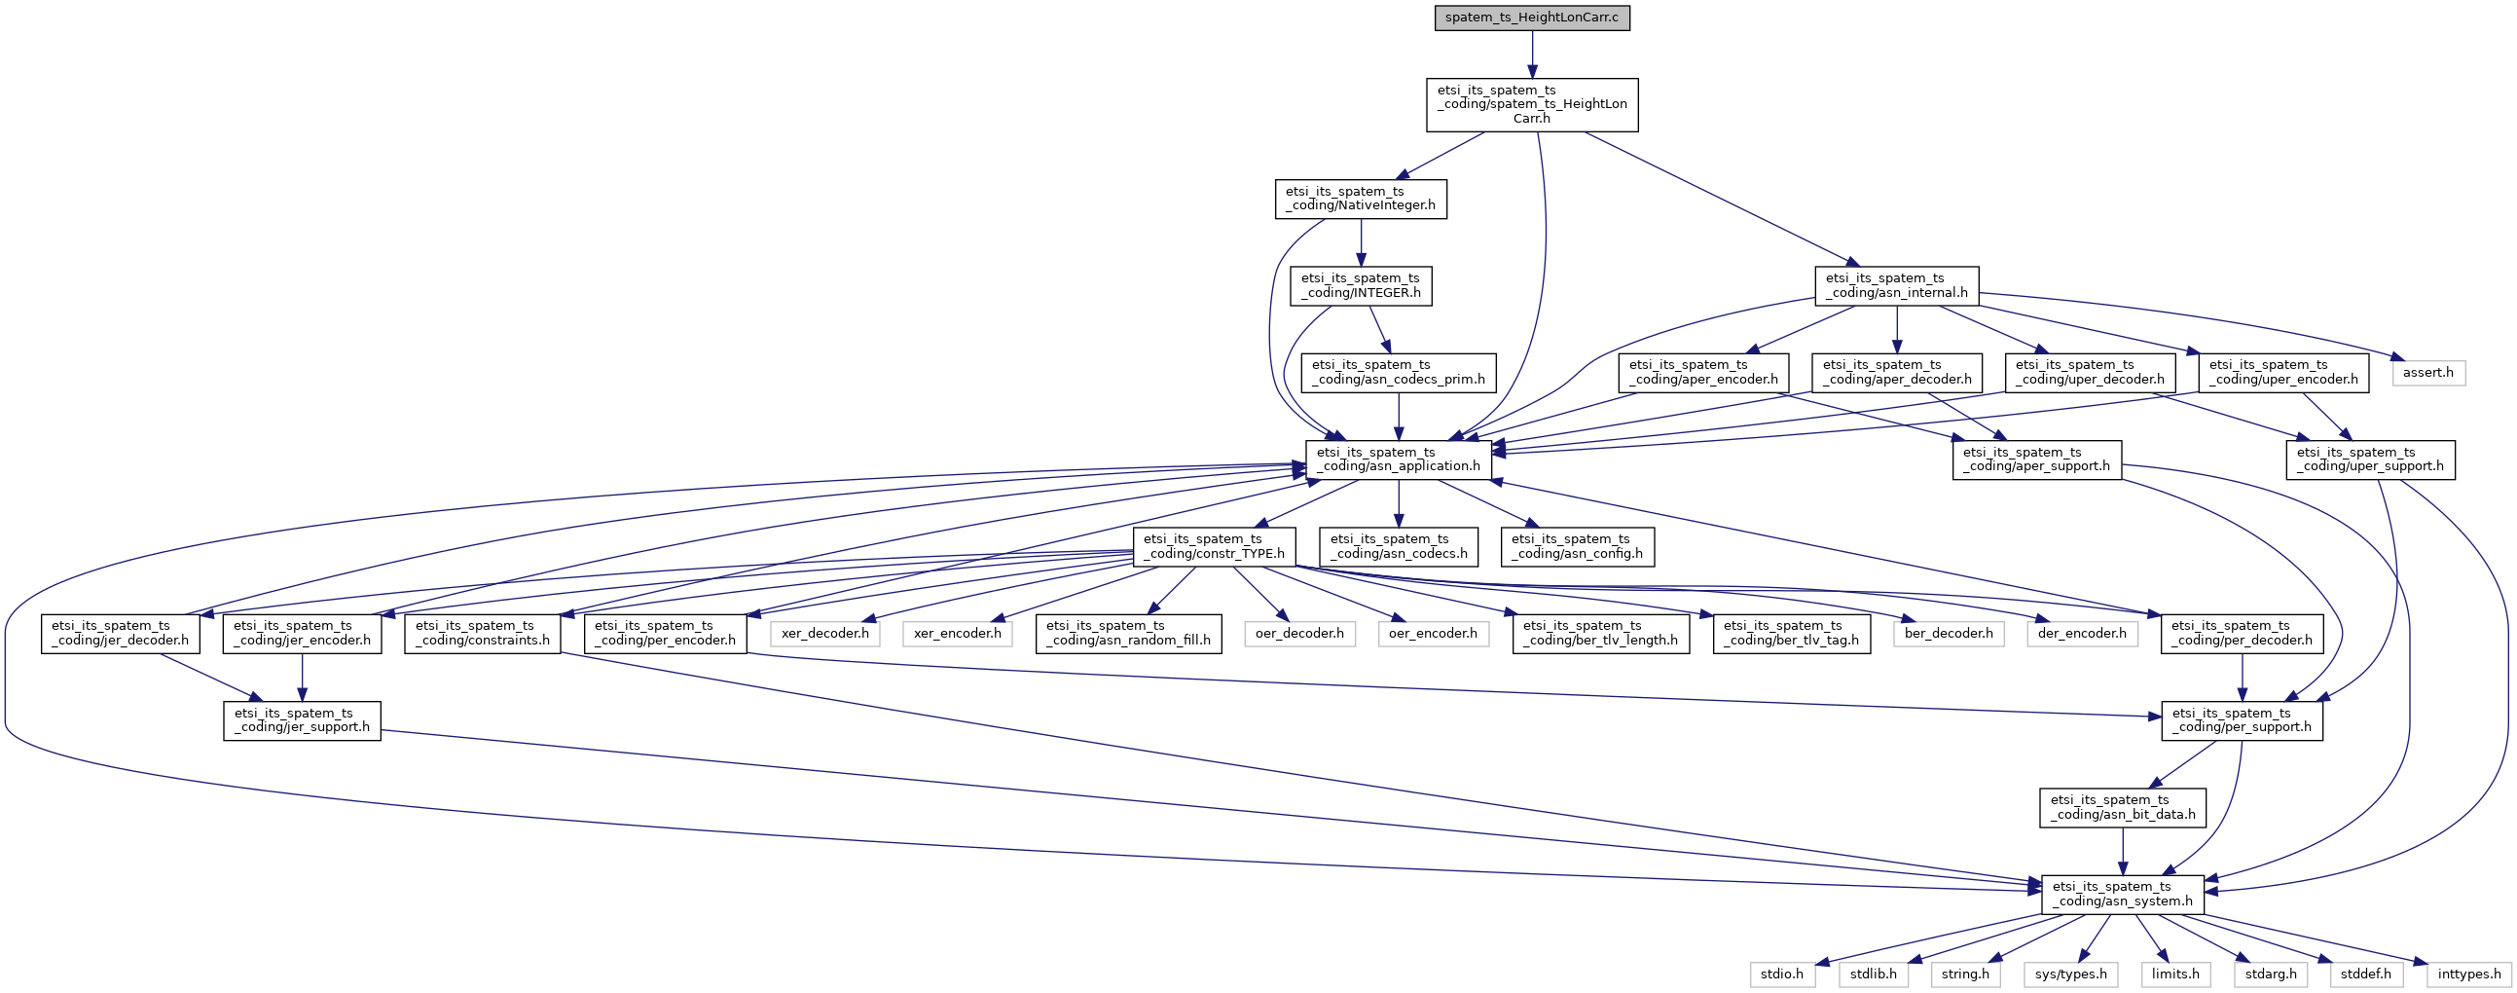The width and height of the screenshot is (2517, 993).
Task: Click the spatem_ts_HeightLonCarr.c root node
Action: [1532, 18]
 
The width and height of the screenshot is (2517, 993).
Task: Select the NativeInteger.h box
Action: [1361, 199]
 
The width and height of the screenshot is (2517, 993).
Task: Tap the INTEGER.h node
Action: [1361, 285]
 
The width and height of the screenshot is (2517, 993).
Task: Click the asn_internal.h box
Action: [1897, 285]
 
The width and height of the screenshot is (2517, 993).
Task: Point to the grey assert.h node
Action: [2429, 372]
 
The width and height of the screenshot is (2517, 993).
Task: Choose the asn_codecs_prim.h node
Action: [1399, 372]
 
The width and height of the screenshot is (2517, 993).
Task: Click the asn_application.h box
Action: [1399, 460]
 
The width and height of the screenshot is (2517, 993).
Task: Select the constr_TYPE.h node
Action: [1214, 546]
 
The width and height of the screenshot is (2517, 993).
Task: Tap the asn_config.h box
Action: [1578, 546]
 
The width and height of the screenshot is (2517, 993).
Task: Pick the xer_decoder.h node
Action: [825, 634]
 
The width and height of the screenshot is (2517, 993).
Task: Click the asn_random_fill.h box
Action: [1128, 634]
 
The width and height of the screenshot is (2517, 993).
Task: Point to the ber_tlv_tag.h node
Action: [1792, 634]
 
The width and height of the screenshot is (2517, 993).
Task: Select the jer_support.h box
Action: [302, 720]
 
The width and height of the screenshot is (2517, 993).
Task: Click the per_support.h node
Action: [2242, 720]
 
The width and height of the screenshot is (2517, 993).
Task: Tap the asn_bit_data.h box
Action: [2122, 807]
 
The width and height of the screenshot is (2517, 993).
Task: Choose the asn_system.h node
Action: [2122, 895]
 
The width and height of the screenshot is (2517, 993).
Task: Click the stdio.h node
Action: [1782, 975]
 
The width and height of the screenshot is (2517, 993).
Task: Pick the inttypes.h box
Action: [2469, 975]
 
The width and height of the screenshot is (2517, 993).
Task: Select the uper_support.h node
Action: [2369, 460]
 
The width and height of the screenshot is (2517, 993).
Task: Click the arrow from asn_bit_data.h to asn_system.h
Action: [2122, 850]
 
